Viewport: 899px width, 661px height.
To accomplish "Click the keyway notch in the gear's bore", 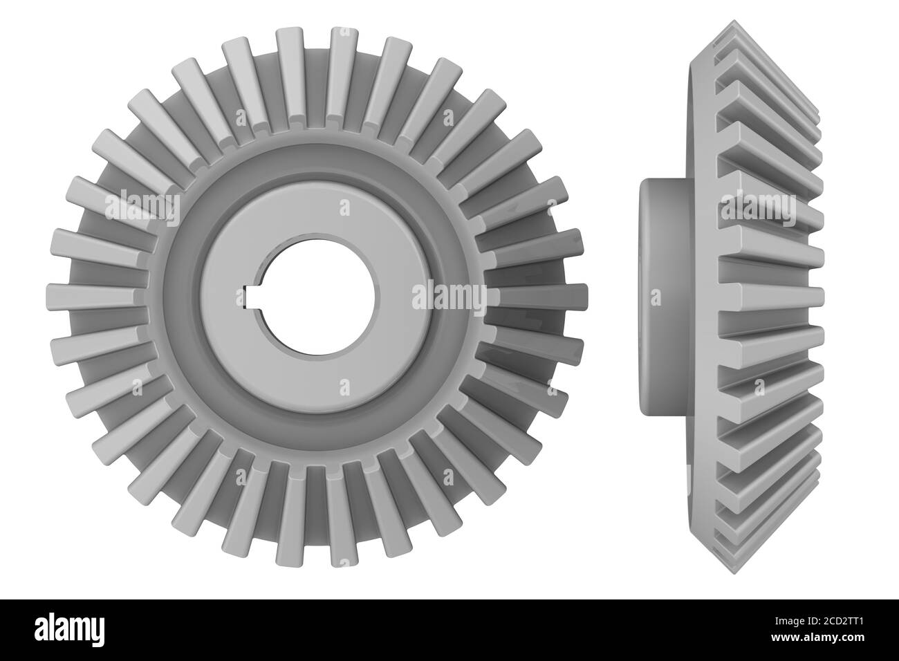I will (x=250, y=297).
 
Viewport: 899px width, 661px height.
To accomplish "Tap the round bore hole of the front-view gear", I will (x=318, y=297).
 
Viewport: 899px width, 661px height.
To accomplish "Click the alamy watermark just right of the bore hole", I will (x=449, y=297).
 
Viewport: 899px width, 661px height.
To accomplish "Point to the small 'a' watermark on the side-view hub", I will (x=656, y=297).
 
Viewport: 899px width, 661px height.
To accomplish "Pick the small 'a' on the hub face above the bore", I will (x=345, y=207).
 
